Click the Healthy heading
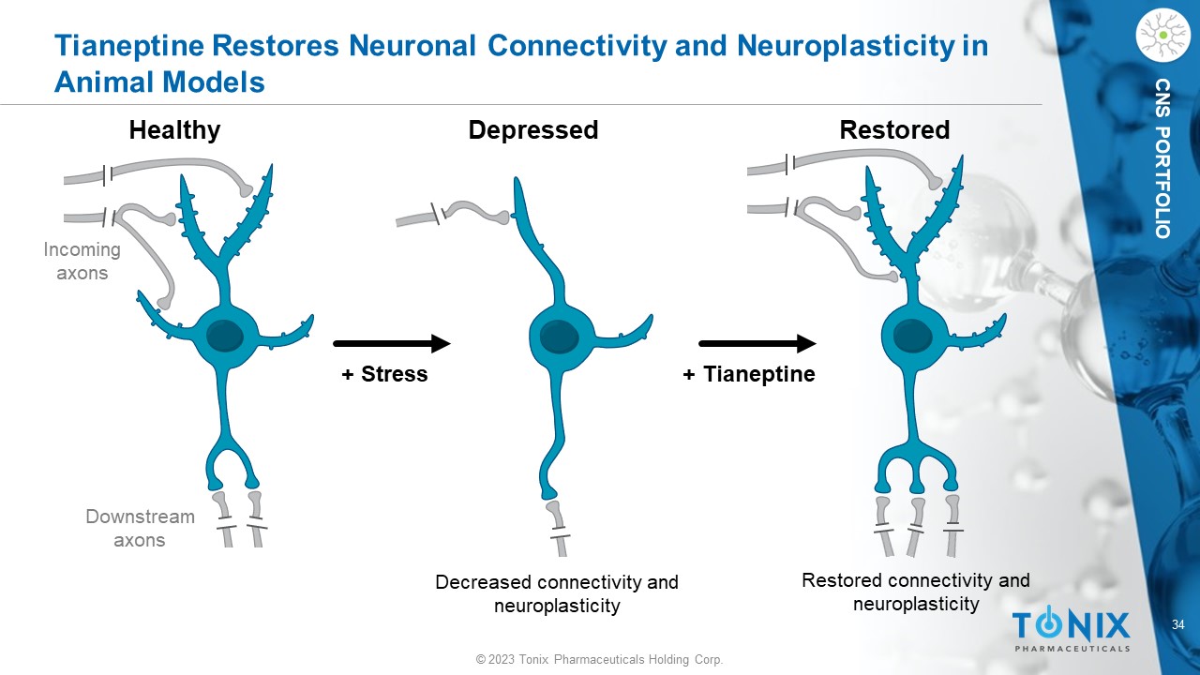[174, 130]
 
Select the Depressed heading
[532, 130]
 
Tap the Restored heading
[894, 130]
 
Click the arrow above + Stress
[391, 344]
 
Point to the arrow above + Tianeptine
[757, 344]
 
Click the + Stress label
[384, 375]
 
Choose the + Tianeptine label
[749, 375]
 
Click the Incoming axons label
[82, 262]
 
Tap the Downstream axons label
[140, 528]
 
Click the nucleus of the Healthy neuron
[224, 336]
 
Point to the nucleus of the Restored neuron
[911, 335]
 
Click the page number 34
[1178, 625]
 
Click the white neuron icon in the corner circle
[1162, 36]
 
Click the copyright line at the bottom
[599, 660]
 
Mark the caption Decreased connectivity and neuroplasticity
[557, 594]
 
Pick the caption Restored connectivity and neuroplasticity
[916, 592]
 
